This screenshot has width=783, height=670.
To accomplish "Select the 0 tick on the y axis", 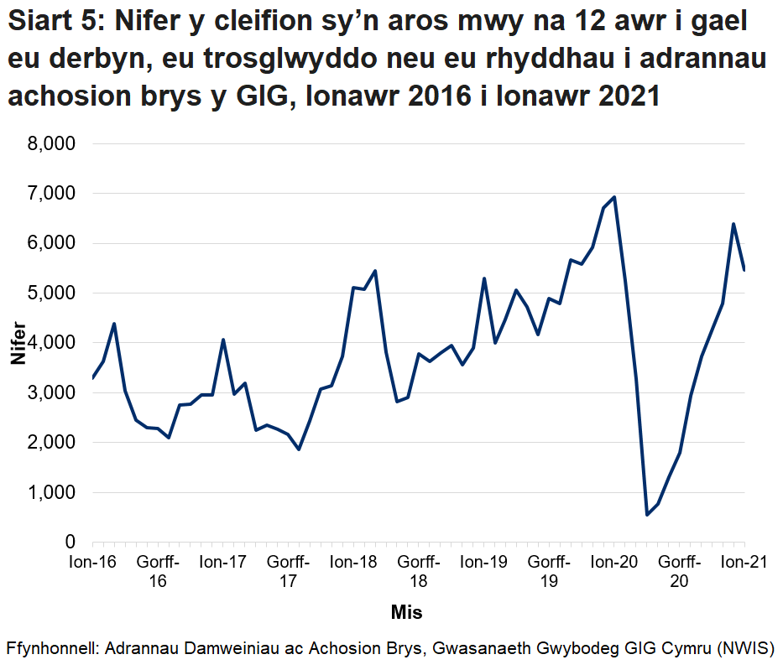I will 70,543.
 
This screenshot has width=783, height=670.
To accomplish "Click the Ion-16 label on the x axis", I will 92,563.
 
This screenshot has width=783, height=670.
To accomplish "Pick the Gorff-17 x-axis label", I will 288,572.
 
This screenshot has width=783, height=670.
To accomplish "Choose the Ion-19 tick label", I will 484,563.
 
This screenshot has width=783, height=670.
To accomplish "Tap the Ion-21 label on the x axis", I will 745,563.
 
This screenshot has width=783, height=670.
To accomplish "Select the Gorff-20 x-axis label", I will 680,572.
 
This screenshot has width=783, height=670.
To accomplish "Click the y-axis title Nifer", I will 18,343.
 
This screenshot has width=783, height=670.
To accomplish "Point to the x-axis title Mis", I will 406,612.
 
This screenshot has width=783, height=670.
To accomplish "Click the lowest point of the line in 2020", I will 647,515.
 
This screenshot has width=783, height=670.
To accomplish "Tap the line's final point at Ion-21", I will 745,270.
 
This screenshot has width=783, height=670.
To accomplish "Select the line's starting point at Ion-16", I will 92,378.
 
